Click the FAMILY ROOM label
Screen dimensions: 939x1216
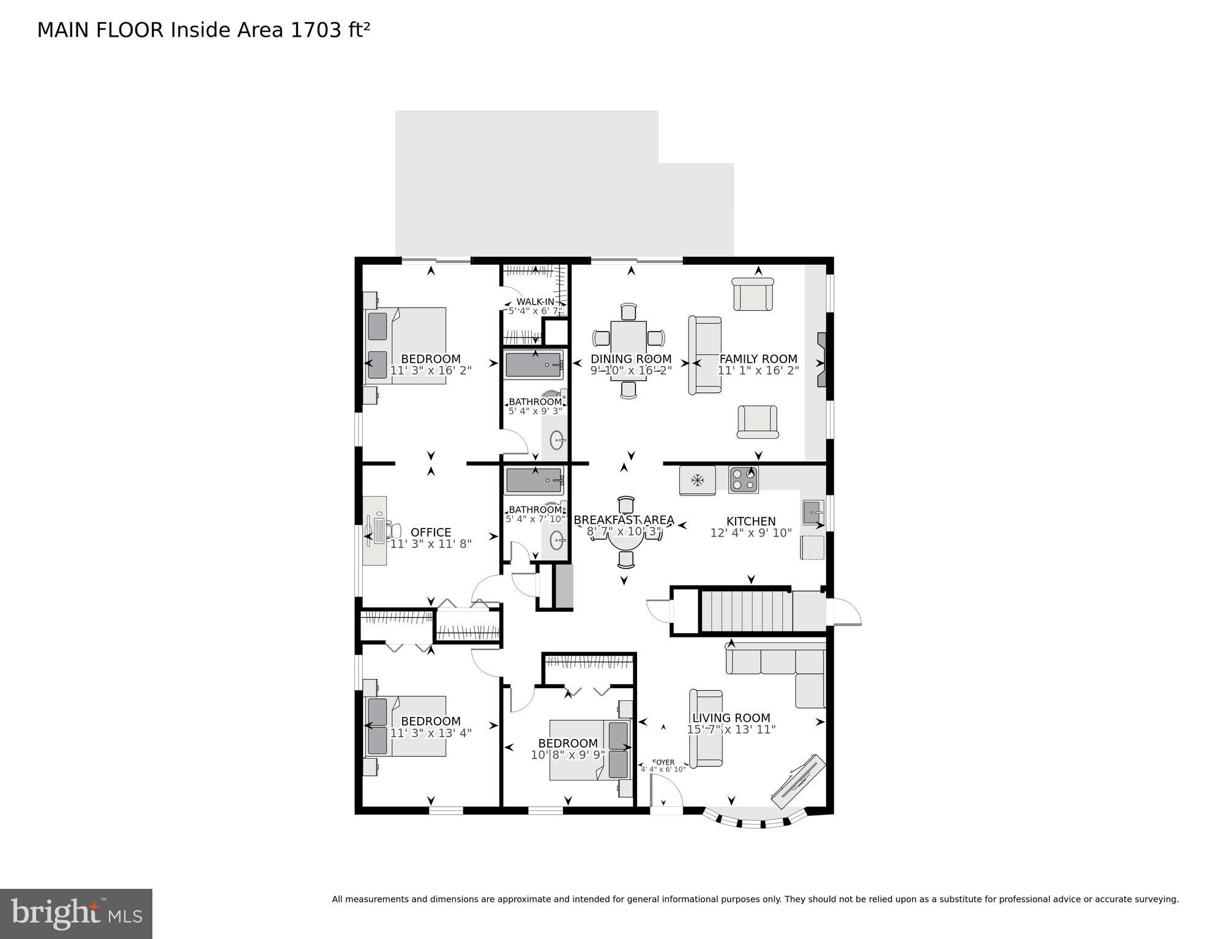pyautogui.click(x=758, y=359)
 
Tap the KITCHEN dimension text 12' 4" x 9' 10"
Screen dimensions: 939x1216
pyautogui.click(x=750, y=533)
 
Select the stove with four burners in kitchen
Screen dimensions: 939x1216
pyautogui.click(x=743, y=480)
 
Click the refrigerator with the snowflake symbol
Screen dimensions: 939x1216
pyautogui.click(x=697, y=480)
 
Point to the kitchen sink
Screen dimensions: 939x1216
pyautogui.click(x=813, y=512)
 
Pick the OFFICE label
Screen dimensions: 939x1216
pyautogui.click(x=430, y=532)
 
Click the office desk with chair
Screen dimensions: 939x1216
pyautogui.click(x=375, y=530)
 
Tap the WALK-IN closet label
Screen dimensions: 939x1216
pyautogui.click(x=535, y=302)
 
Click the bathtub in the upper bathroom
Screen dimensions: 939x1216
pyautogui.click(x=533, y=365)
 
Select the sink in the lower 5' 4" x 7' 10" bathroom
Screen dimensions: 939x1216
pyautogui.click(x=557, y=540)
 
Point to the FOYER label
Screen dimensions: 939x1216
pyautogui.click(x=663, y=762)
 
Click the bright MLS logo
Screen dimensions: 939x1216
pyautogui.click(x=76, y=913)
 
